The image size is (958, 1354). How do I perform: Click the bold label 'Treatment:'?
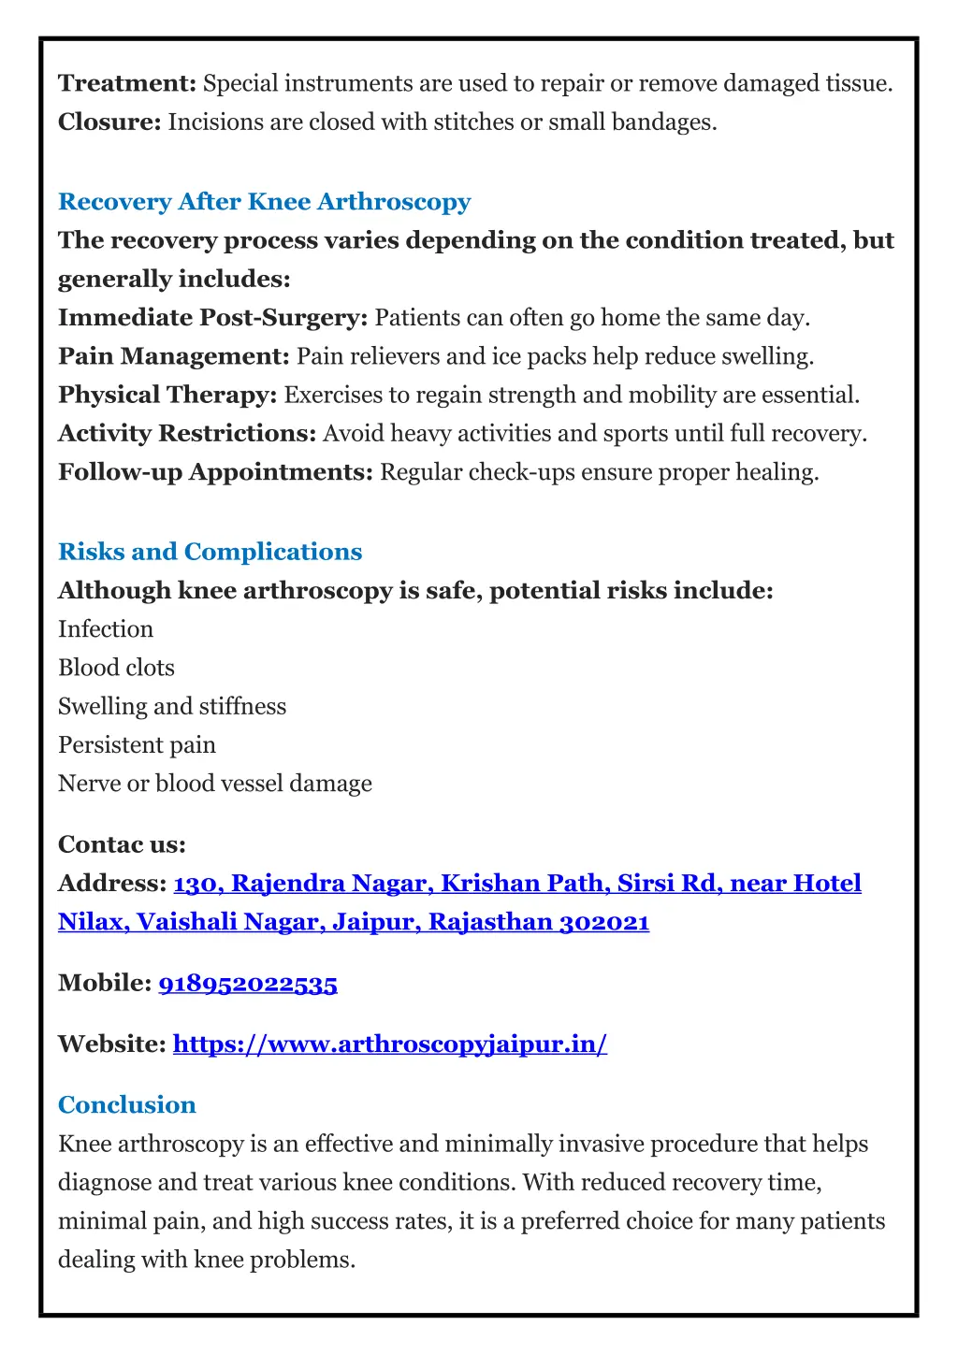coord(126,84)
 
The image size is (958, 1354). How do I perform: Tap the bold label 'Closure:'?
coord(109,122)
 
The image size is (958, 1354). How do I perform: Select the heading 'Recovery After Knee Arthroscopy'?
coord(264,202)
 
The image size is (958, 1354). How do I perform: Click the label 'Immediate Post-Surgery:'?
coord(212,318)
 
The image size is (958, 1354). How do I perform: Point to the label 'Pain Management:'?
coord(174,356)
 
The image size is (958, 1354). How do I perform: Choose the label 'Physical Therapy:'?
coord(167,395)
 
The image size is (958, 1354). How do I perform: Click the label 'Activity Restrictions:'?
coord(187,434)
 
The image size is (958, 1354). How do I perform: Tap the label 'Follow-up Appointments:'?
coord(215,472)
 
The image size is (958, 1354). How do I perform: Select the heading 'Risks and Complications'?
coord(210,552)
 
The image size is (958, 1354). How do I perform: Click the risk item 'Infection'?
coord(106,629)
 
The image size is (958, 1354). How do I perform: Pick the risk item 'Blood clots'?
coord(116,668)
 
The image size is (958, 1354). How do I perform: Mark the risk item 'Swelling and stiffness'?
coord(172,706)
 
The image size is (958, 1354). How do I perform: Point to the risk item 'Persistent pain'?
coord(137,745)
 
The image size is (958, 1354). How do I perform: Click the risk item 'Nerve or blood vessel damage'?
coord(214,784)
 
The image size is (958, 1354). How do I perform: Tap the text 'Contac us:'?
coord(122,845)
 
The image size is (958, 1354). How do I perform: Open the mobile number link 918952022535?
coord(248,984)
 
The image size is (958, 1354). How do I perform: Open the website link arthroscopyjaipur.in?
coord(390,1044)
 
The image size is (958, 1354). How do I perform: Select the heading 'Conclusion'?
coord(126,1105)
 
